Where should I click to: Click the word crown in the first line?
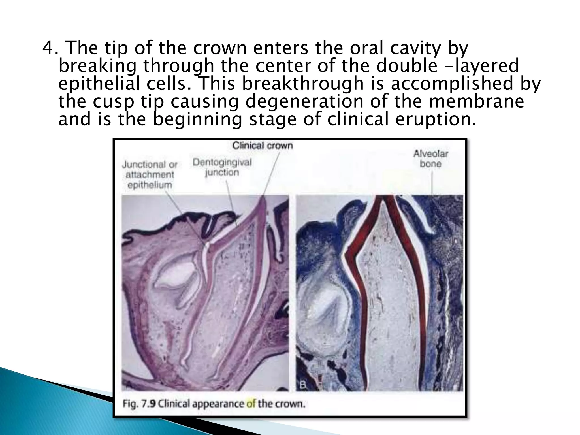[x=220, y=48]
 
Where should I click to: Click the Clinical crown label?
[x=263, y=146]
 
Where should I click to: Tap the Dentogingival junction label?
[x=222, y=167]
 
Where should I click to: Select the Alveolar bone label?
[x=430, y=159]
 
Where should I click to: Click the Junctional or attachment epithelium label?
[x=150, y=175]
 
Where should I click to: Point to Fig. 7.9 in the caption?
[x=139, y=403]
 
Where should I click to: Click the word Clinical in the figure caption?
[x=173, y=403]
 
